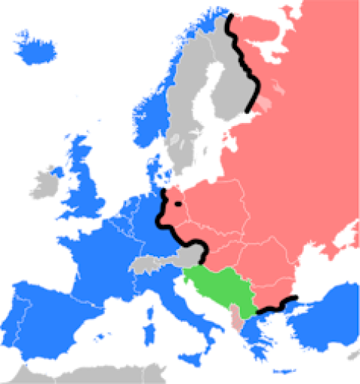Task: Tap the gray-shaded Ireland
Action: tap(47, 183)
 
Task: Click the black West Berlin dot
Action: tap(178, 203)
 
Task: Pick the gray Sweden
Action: tap(191, 112)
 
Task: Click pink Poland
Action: tap(214, 206)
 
